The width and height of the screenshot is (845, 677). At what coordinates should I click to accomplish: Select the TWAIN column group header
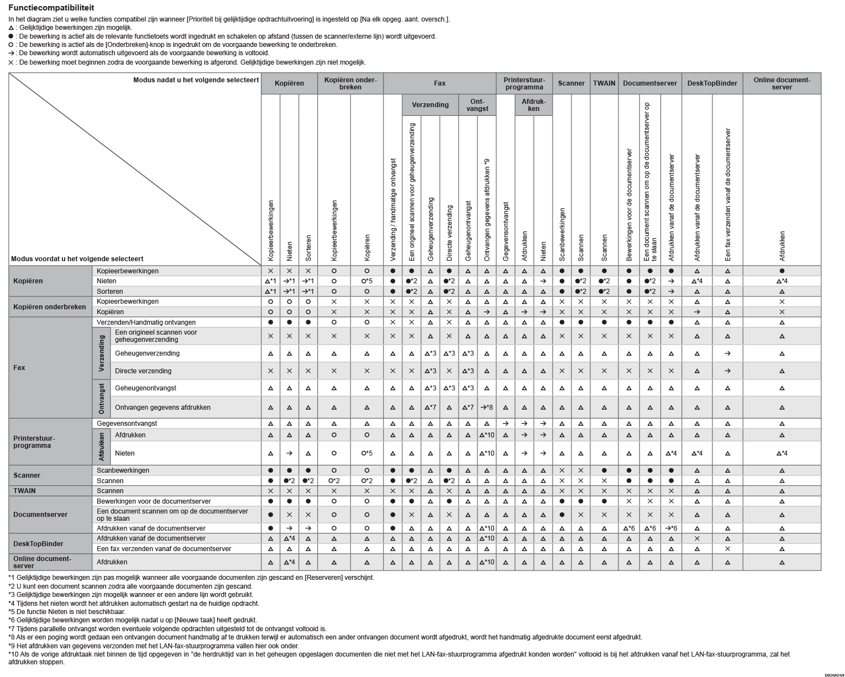coord(604,83)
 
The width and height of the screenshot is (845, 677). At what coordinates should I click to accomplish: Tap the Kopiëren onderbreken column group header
coord(350,83)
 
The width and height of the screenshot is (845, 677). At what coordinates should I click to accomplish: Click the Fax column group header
coord(439,83)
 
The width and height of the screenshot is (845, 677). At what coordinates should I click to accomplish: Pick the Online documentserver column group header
coord(781,83)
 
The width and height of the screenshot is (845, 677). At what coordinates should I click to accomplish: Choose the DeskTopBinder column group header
coord(712,83)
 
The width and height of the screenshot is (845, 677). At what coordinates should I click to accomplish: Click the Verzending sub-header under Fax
coord(431,105)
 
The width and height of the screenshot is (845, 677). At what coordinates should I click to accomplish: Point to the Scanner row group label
coord(27,475)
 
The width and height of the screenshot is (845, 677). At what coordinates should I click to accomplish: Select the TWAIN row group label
coord(24,491)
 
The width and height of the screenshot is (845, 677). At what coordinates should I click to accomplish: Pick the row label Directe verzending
coord(143,371)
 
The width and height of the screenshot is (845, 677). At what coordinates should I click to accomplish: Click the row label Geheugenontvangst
coord(145,388)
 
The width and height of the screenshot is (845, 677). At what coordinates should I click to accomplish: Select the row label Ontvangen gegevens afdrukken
coord(162,408)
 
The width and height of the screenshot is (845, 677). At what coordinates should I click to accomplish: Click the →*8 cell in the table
coord(486,408)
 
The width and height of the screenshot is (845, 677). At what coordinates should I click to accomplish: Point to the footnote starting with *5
coord(67,612)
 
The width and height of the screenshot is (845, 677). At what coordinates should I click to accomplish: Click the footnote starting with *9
coord(154,646)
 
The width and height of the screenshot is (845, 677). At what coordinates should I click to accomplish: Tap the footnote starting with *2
coord(130,586)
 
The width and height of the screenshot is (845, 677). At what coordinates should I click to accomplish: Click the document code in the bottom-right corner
coord(833,674)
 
